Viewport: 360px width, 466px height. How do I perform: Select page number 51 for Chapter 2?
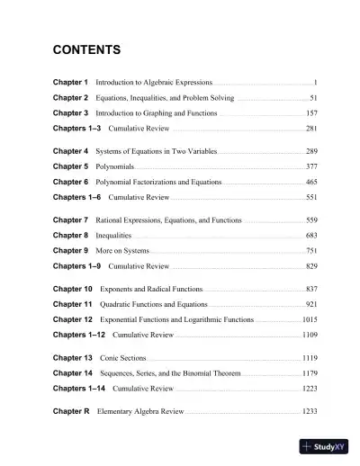click(313, 97)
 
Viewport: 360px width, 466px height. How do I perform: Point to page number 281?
click(311, 130)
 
